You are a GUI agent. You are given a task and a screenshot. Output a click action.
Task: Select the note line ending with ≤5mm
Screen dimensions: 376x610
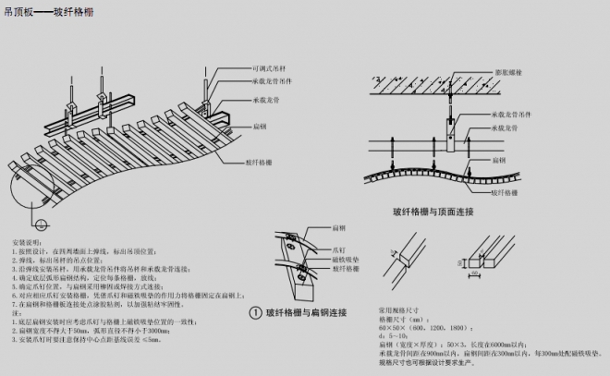coord(92,340)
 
